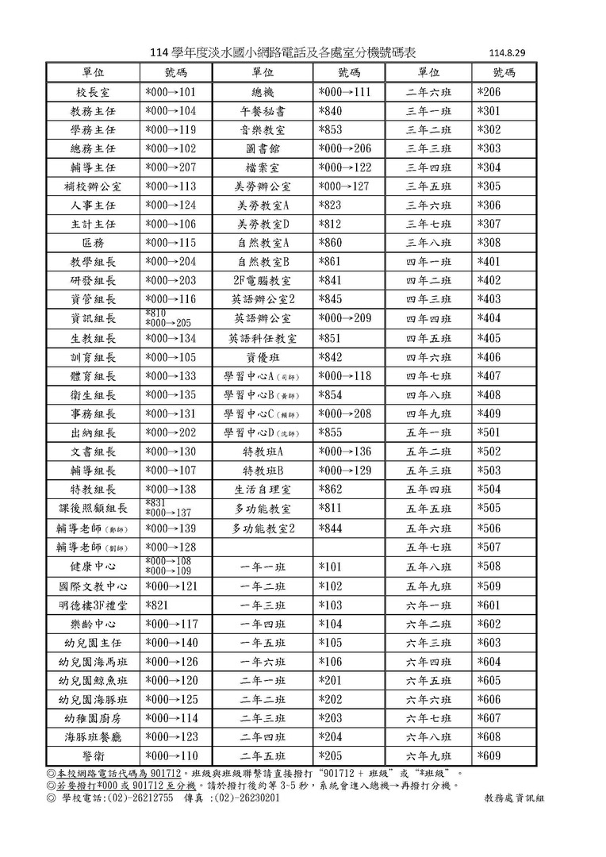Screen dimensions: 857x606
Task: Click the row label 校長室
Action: (x=93, y=92)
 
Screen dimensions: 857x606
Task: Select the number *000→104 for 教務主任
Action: (x=171, y=111)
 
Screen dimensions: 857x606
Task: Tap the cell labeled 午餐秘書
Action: (x=263, y=111)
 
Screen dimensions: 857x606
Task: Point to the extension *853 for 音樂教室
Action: (x=331, y=130)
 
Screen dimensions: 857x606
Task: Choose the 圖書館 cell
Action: (x=263, y=149)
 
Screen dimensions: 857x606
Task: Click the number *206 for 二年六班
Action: (x=489, y=92)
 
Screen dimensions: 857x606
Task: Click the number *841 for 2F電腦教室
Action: (x=331, y=281)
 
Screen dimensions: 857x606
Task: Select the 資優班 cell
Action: (x=263, y=357)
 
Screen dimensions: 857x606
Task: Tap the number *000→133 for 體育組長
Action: (x=171, y=376)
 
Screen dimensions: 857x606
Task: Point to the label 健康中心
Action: (x=93, y=567)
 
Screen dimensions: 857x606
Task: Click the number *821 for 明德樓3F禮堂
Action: (x=159, y=605)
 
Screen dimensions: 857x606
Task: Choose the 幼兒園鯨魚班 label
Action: (x=93, y=681)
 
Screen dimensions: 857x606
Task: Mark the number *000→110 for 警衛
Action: (x=171, y=756)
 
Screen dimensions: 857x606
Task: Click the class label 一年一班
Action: (x=263, y=567)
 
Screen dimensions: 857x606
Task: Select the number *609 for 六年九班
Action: (x=489, y=756)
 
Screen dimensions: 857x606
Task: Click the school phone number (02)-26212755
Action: (x=140, y=798)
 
